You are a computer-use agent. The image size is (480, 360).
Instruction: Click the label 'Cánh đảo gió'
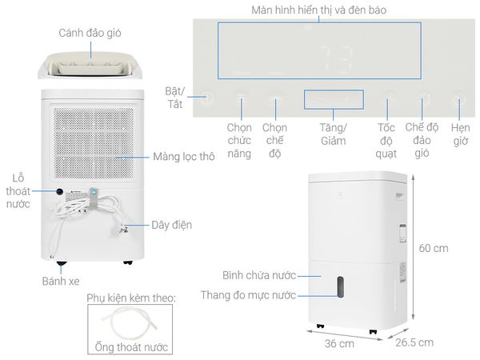[x=90, y=34]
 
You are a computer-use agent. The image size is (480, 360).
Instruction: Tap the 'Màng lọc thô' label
[x=184, y=157]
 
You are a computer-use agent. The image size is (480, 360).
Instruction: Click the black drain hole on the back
[x=60, y=192]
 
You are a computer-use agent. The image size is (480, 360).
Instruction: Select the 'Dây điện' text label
[x=172, y=225]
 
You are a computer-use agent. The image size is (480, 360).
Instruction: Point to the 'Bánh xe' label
[x=61, y=281]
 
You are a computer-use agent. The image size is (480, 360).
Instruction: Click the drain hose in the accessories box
[x=130, y=322]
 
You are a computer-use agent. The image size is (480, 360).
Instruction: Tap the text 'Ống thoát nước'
[x=131, y=347]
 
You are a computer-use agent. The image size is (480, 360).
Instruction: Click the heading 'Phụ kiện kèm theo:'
[x=131, y=298]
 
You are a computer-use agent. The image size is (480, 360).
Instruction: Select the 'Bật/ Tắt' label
[x=174, y=98]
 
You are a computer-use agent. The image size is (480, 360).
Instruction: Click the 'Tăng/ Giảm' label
[x=334, y=134]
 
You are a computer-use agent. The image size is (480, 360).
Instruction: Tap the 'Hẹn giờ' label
[x=461, y=134]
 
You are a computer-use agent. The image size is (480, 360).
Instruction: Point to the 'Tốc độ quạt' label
[x=386, y=141]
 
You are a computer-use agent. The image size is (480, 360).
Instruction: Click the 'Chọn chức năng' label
[x=239, y=141]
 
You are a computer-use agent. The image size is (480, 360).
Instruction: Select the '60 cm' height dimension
[x=434, y=248]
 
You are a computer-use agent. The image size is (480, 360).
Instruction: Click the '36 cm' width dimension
[x=339, y=343]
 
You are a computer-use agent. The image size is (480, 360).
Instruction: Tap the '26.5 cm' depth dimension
[x=414, y=342]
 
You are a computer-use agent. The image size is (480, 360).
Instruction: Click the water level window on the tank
[x=340, y=287]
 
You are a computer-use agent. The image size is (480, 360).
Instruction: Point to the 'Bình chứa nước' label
[x=259, y=275]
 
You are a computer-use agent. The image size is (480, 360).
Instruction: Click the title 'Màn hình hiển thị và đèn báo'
[x=318, y=10]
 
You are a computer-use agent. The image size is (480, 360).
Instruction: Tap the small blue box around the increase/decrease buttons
[x=334, y=99]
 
